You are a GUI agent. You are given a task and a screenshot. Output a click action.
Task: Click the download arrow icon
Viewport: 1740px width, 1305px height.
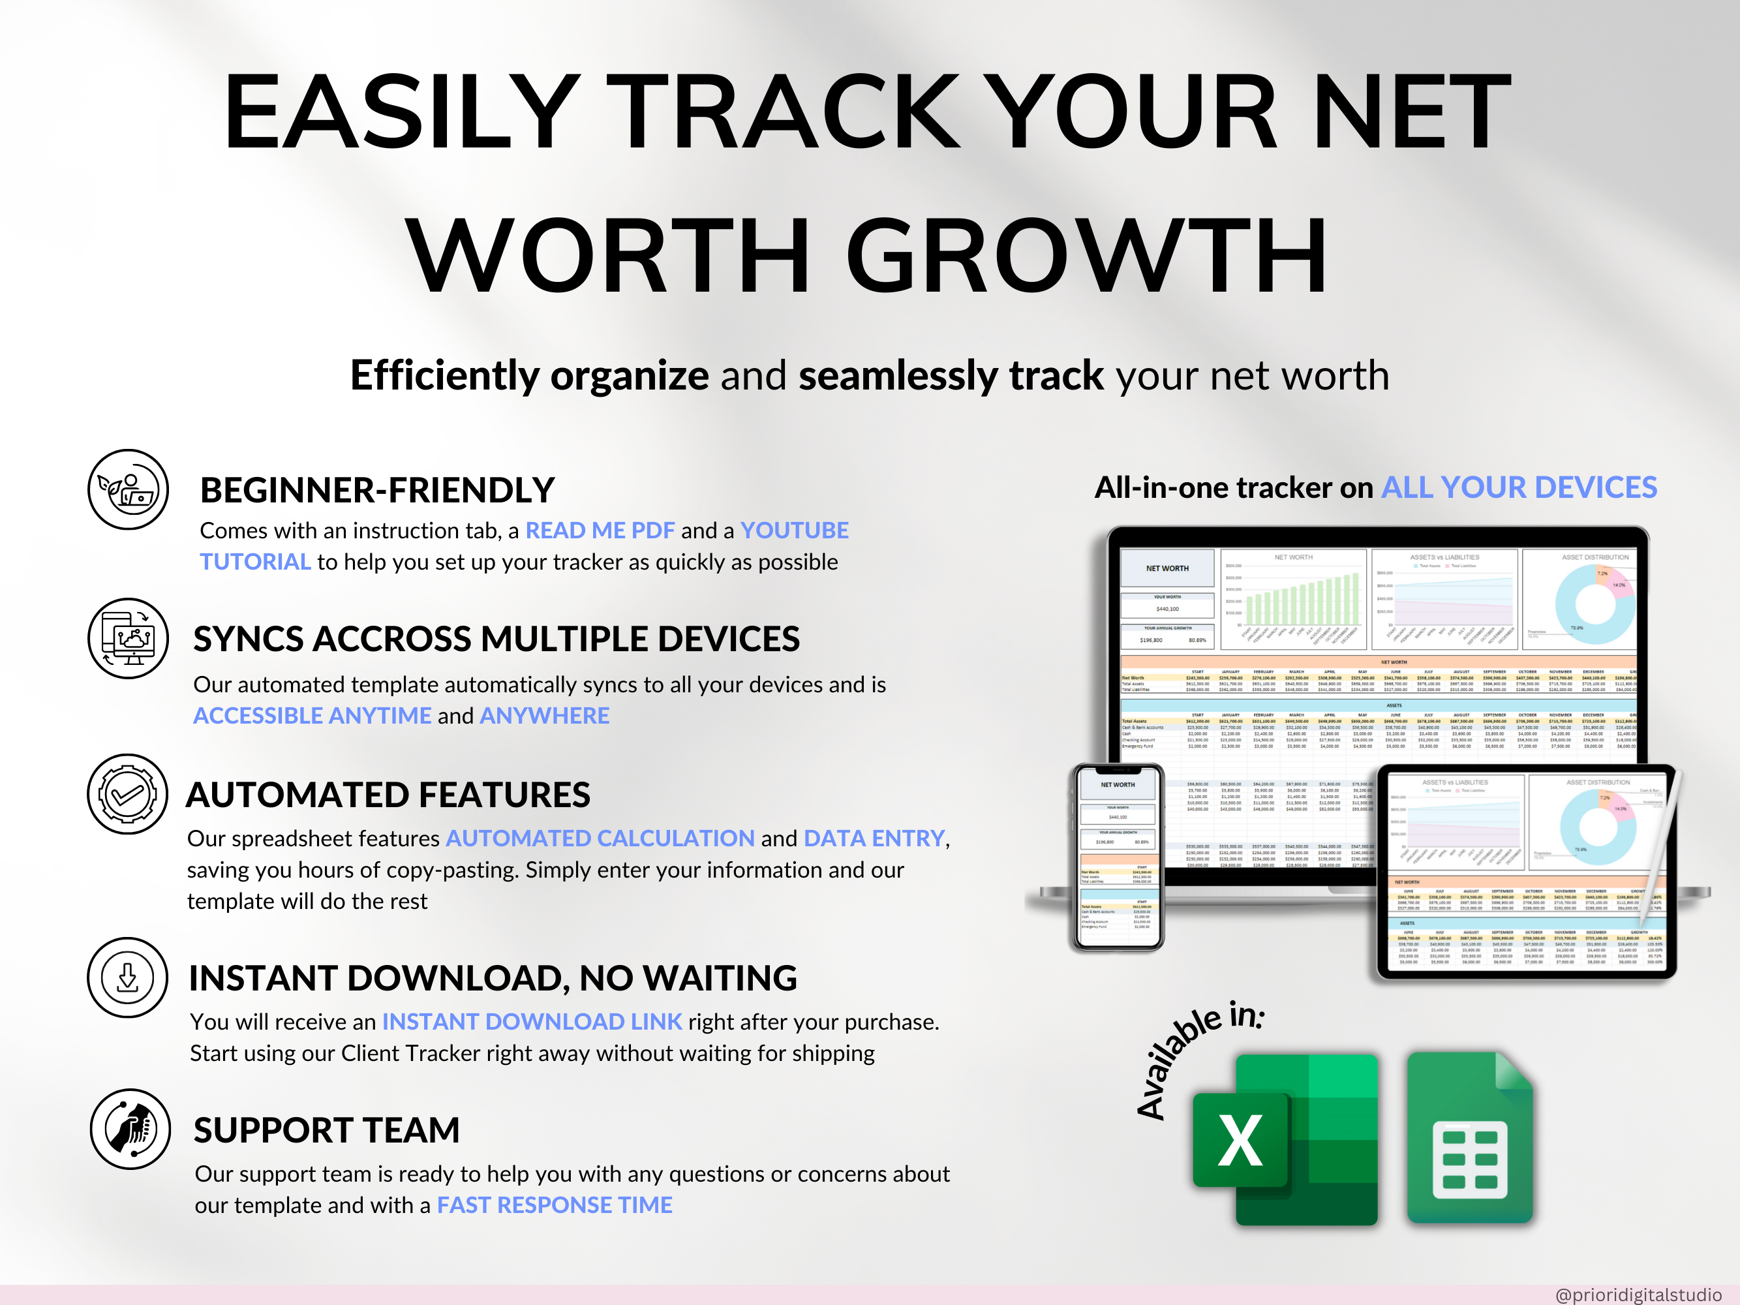pyautogui.click(x=127, y=977)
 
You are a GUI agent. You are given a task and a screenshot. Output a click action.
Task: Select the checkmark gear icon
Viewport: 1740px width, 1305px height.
pyautogui.click(x=127, y=795)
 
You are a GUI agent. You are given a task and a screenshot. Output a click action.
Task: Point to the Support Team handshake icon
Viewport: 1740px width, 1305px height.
pyautogui.click(x=130, y=1129)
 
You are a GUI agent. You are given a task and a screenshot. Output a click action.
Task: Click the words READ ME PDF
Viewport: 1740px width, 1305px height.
pyautogui.click(x=600, y=531)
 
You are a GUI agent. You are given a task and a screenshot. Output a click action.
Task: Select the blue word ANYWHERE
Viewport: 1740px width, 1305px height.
pyautogui.click(x=544, y=716)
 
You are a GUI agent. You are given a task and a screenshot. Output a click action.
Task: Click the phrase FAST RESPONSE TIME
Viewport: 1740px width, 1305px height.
pyautogui.click(x=555, y=1205)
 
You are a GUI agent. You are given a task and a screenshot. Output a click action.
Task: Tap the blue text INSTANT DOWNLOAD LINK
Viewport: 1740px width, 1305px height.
pyautogui.click(x=532, y=1022)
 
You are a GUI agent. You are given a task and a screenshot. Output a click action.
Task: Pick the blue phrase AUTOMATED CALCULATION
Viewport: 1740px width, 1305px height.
pyautogui.click(x=600, y=838)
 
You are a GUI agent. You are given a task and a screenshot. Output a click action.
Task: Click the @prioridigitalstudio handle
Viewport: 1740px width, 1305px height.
pyautogui.click(x=1638, y=1294)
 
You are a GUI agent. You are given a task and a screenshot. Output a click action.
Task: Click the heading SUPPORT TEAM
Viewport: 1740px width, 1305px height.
pyautogui.click(x=326, y=1130)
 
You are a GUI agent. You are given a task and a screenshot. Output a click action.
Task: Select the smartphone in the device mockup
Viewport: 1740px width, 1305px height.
pyautogui.click(x=1118, y=857)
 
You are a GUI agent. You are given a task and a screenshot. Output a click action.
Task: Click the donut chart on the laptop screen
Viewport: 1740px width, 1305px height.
pyautogui.click(x=1595, y=604)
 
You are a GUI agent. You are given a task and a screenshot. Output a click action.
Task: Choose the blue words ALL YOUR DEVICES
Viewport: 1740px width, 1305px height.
pyautogui.click(x=1519, y=487)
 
